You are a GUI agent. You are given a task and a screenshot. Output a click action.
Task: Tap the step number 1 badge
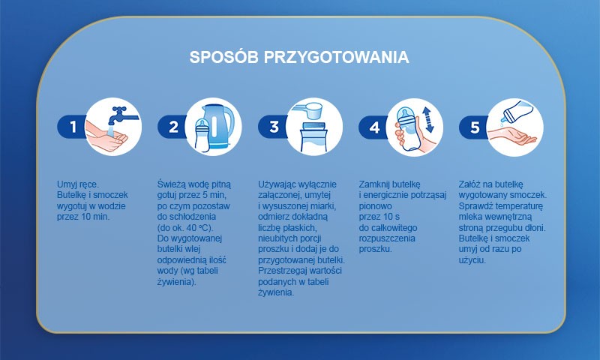click(72, 127)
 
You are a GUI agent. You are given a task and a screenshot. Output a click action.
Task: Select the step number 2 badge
click(172, 127)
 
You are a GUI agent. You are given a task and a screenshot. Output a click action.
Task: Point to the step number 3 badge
click(273, 127)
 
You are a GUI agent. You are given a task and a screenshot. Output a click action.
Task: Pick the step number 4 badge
click(373, 127)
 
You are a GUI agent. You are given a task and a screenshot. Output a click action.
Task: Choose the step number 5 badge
click(474, 127)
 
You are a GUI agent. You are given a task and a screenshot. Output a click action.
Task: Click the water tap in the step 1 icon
click(121, 115)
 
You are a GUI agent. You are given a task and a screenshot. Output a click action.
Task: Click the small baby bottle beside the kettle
click(202, 135)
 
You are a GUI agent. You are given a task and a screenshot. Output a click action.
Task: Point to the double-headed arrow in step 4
click(427, 120)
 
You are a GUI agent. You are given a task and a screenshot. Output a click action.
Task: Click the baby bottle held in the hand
click(408, 128)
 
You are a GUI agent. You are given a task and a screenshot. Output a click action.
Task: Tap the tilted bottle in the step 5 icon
click(517, 110)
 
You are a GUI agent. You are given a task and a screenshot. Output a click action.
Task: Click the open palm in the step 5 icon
click(513, 136)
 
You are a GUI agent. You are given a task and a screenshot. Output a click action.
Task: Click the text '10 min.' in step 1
click(95, 217)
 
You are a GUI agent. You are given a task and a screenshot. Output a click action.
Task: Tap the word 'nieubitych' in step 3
click(277, 238)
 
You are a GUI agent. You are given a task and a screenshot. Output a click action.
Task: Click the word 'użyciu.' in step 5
click(472, 260)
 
